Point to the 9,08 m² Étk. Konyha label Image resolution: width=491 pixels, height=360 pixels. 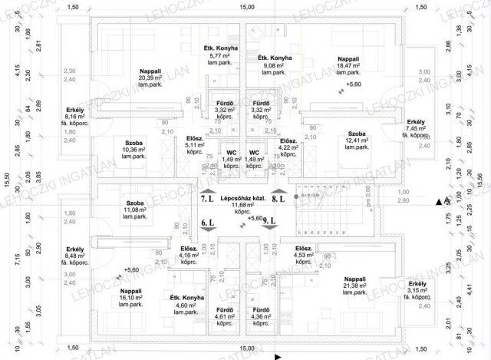pyautogui.click(x=274, y=66)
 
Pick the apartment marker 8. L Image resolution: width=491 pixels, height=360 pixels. pyautogui.click(x=278, y=199)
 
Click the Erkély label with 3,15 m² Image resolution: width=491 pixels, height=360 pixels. pyautogui.click(x=418, y=286)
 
